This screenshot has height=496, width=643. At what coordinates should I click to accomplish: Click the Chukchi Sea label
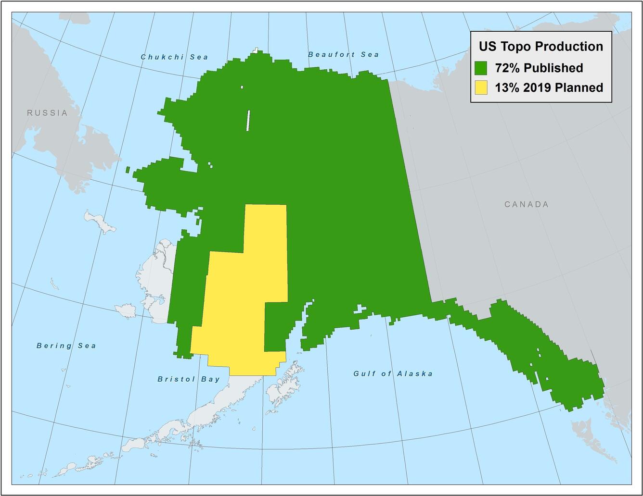pyautogui.click(x=174, y=57)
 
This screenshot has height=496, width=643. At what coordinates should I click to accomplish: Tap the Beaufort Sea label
pyautogui.click(x=343, y=54)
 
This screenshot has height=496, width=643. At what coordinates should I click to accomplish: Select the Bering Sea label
pyautogui.click(x=66, y=346)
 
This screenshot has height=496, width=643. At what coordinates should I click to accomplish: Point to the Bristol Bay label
pyautogui.click(x=189, y=379)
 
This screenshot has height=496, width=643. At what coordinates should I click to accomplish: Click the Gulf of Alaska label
pyautogui.click(x=393, y=373)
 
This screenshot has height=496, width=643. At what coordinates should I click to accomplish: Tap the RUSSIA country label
pyautogui.click(x=47, y=113)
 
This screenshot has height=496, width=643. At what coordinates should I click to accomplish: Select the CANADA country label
pyautogui.click(x=527, y=204)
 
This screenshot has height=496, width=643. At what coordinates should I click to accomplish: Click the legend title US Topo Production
pyautogui.click(x=540, y=46)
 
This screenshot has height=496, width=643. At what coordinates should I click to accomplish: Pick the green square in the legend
pyautogui.click(x=481, y=68)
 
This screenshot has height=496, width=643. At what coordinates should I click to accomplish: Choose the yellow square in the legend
pyautogui.click(x=481, y=88)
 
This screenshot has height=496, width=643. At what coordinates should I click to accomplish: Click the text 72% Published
pyautogui.click(x=539, y=68)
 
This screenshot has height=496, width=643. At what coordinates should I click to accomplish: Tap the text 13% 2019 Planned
pyautogui.click(x=549, y=88)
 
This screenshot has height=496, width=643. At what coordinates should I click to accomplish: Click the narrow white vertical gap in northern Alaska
pyautogui.click(x=248, y=120)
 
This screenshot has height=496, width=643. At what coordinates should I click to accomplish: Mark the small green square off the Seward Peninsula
pyautogui.click(x=128, y=170)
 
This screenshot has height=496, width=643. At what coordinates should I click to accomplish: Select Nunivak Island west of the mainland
pyautogui.click(x=127, y=310)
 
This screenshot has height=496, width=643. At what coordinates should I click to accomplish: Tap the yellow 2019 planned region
pyautogui.click(x=241, y=298)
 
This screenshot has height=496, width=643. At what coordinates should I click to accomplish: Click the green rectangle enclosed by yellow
pyautogui.click(x=275, y=327)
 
